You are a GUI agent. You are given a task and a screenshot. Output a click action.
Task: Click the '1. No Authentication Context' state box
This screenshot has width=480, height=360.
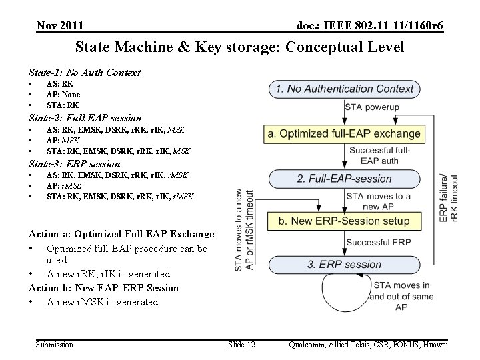pyautogui.click(x=345, y=89)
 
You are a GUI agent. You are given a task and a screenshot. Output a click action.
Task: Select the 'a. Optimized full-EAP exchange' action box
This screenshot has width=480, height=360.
pyautogui.click(x=345, y=133)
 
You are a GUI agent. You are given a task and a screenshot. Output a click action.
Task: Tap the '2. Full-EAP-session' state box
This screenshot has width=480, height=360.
pyautogui.click(x=345, y=179)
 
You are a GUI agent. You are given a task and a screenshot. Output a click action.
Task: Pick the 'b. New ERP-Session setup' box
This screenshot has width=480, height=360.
pyautogui.click(x=345, y=220)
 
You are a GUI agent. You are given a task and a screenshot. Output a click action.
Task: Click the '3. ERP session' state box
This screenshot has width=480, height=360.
pyautogui.click(x=345, y=264)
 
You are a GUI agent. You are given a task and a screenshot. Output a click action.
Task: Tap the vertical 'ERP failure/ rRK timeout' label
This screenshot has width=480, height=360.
pyautogui.click(x=449, y=198)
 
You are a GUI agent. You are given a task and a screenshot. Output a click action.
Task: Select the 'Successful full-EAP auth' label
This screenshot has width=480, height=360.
pyautogui.click(x=379, y=155)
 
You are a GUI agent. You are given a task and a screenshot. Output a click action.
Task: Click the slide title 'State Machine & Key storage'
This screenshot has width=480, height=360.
pyautogui.click(x=239, y=48)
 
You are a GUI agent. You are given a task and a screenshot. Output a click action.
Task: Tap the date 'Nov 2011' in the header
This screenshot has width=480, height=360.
pyautogui.click(x=60, y=26)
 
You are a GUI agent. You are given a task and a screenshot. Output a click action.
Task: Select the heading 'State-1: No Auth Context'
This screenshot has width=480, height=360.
pyautogui.click(x=85, y=72)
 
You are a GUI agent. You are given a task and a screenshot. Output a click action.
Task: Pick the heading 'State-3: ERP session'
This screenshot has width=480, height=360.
pyautogui.click(x=75, y=164)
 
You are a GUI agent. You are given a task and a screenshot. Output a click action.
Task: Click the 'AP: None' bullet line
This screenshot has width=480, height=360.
pyautogui.click(x=63, y=95)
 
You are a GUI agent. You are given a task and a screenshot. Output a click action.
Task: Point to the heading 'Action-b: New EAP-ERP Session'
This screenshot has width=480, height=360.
pyautogui.click(x=104, y=288)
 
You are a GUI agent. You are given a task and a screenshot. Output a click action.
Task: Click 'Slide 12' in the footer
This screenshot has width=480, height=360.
pyautogui.click(x=241, y=344)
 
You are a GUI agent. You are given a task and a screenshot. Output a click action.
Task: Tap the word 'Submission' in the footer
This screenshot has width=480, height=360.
pyautogui.click(x=55, y=344)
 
